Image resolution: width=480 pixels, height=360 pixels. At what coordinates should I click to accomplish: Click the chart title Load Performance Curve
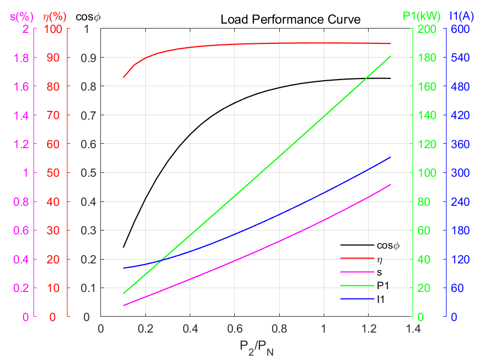tap(290, 20)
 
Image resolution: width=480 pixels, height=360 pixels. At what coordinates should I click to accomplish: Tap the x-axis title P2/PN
tap(257, 347)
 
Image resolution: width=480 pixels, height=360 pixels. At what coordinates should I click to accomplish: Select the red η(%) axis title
tap(53, 16)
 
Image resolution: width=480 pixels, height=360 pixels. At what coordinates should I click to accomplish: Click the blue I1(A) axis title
tap(461, 16)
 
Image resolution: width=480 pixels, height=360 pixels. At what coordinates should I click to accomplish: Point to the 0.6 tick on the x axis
tap(234, 328)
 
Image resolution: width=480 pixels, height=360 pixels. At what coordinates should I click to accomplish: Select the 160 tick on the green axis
tap(426, 86)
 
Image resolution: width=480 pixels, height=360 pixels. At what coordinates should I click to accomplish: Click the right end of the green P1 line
tap(391, 56)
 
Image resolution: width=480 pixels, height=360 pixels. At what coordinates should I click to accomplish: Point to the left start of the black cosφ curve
tap(123, 247)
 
